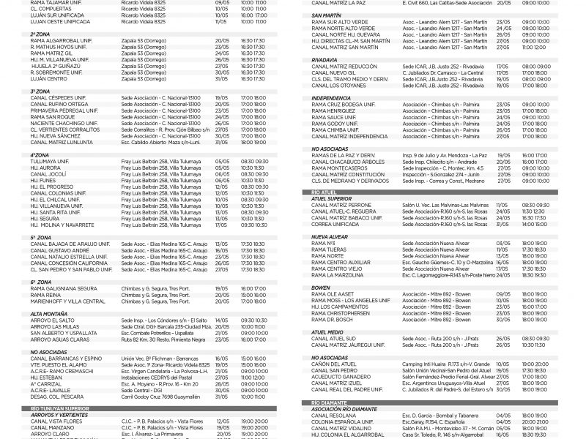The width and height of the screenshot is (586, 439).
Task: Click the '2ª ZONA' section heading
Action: (x=40, y=34)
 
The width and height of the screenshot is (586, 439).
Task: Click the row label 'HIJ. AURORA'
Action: (x=45, y=167)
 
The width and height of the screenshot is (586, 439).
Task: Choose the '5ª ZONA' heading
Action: (x=40, y=237)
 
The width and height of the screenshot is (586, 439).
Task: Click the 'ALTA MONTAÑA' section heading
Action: (x=50, y=313)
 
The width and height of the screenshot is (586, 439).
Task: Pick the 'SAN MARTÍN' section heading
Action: (x=327, y=15)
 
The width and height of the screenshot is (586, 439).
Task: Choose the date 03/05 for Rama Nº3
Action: (x=503, y=243)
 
